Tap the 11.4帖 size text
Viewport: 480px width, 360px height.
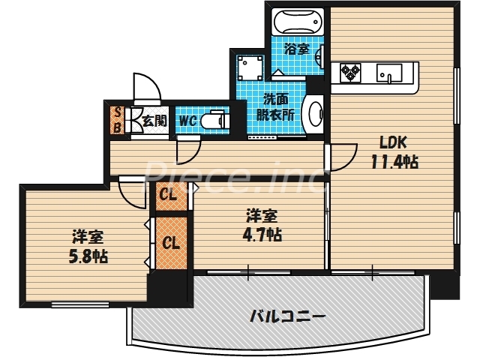pyautogui.click(x=393, y=162)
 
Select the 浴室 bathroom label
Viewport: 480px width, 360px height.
pyautogui.click(x=296, y=49)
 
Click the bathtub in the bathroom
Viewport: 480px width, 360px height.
pyautogui.click(x=297, y=21)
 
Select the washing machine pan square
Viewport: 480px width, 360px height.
pyautogui.click(x=247, y=68)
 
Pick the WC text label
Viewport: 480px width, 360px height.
pyautogui.click(x=187, y=118)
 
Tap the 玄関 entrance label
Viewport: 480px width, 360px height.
pyautogui.click(x=154, y=118)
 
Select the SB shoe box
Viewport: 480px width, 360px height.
pyautogui.click(x=117, y=120)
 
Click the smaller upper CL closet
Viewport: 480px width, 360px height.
pyautogui.click(x=168, y=197)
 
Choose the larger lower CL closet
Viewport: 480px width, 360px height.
pyautogui.click(x=171, y=243)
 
